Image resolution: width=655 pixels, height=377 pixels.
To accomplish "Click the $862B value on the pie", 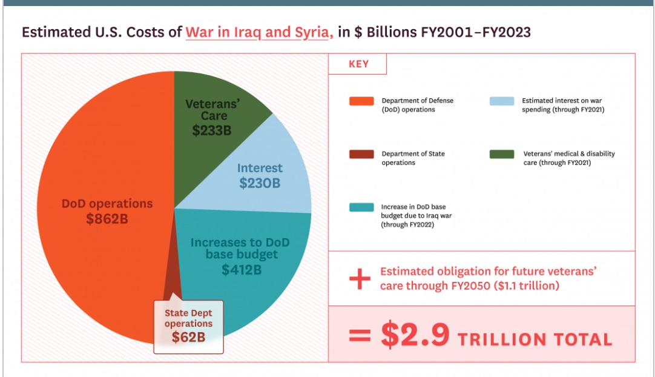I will click(107, 219).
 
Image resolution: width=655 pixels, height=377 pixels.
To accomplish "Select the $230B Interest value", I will click(259, 182).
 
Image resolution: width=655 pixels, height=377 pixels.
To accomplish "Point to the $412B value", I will click(241, 270).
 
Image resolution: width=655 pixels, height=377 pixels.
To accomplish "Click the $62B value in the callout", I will click(188, 337).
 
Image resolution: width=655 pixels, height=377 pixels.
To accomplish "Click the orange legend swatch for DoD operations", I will click(361, 101).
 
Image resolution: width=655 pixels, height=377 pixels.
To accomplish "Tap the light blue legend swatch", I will click(501, 101).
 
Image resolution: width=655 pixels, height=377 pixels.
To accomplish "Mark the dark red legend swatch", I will click(361, 154).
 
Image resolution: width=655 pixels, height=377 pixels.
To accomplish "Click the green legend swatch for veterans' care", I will click(501, 154).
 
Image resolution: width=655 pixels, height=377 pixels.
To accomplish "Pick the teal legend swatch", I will click(361, 207).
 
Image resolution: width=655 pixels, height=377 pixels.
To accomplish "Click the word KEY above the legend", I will click(358, 64).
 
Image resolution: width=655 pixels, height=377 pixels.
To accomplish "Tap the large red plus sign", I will click(360, 279).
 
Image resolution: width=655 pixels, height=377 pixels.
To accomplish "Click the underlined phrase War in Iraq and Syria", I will click(259, 32).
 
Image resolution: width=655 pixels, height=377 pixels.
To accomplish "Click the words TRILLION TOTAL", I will click(535, 339).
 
